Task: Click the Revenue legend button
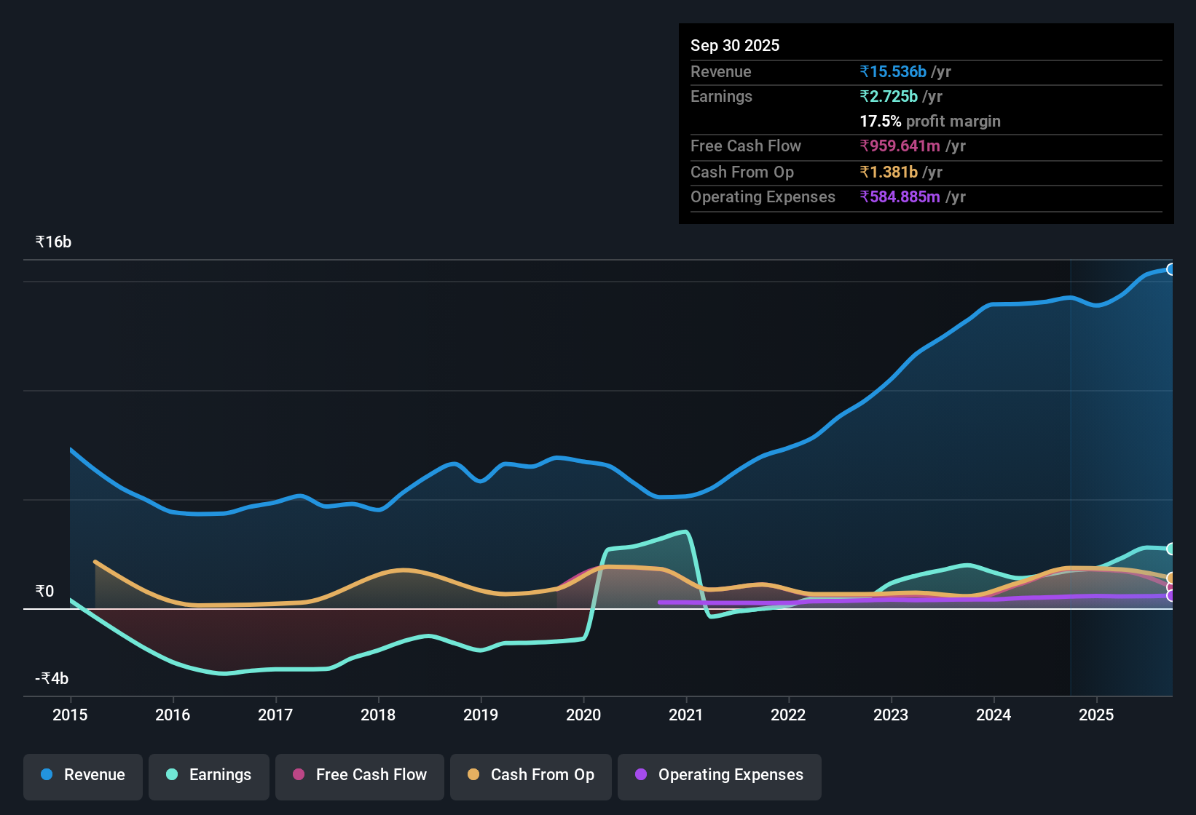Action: point(83,775)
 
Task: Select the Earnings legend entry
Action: point(209,775)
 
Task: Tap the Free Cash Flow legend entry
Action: point(360,775)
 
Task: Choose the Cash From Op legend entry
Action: point(531,775)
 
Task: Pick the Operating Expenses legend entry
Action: point(720,775)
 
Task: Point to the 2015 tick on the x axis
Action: point(70,715)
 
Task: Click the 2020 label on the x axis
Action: point(583,715)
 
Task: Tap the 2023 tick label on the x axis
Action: point(891,715)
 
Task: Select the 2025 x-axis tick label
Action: point(1096,715)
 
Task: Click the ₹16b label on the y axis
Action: point(54,242)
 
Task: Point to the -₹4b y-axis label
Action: point(52,678)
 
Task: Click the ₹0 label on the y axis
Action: point(45,591)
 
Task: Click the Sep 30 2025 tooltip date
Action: point(735,45)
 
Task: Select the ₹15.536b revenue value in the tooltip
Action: point(893,71)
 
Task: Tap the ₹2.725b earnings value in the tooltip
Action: point(889,96)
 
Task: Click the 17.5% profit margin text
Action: point(930,121)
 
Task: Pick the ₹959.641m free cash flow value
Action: point(900,146)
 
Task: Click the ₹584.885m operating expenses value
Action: point(900,196)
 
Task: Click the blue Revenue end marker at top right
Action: point(1171,269)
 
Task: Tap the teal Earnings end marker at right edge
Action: point(1171,549)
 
